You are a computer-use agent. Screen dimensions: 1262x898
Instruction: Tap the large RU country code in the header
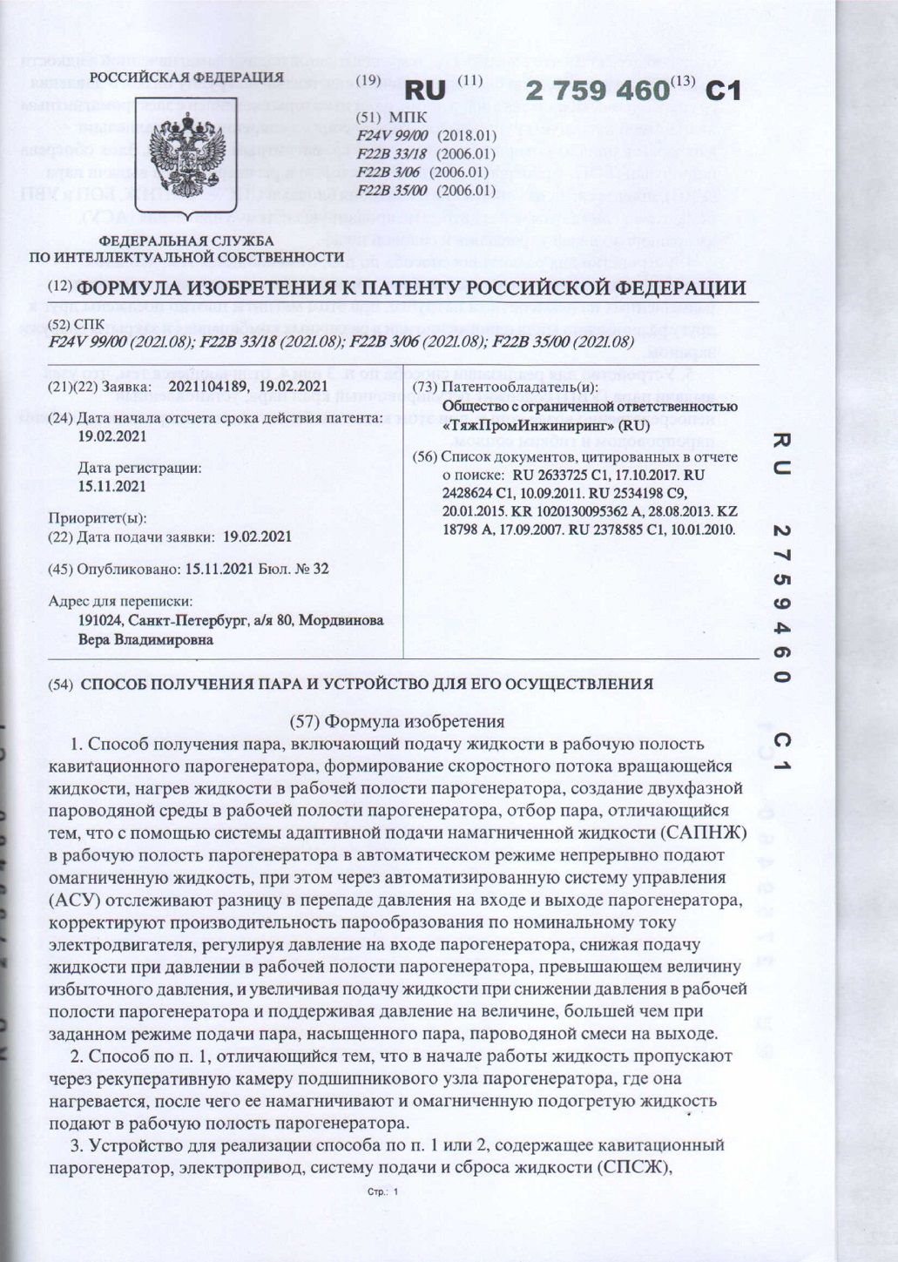point(426,91)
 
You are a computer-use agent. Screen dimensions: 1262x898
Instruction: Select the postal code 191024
point(101,621)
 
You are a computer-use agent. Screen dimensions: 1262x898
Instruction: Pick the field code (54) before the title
point(60,685)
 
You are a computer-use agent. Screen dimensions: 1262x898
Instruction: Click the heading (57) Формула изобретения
point(396,721)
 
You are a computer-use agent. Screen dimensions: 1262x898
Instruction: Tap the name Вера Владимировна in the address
point(145,639)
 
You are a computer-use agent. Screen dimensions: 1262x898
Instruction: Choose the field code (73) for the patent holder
point(425,386)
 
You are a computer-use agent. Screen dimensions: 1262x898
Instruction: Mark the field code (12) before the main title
point(60,288)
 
